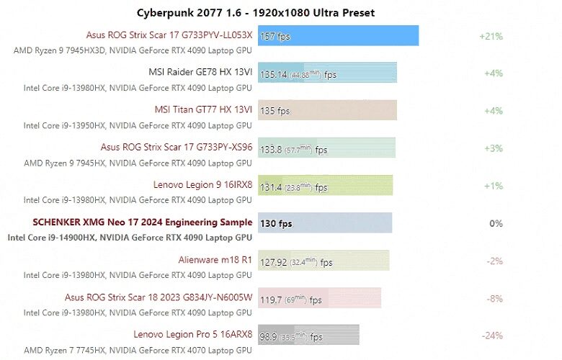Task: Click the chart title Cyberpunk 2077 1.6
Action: click(x=256, y=12)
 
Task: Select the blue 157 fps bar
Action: click(x=338, y=36)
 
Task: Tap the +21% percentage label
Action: click(x=491, y=36)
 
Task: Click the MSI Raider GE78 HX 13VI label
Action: click(x=200, y=73)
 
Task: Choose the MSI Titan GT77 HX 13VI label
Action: click(x=203, y=110)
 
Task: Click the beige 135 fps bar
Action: click(x=327, y=111)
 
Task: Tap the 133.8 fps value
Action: click(x=293, y=150)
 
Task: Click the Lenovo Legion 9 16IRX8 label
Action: click(x=202, y=185)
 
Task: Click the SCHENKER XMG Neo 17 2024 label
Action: click(x=143, y=222)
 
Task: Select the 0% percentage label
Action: click(x=496, y=224)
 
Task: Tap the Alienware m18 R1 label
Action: click(x=215, y=260)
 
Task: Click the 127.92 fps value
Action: click(x=293, y=262)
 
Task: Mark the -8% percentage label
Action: click(x=495, y=299)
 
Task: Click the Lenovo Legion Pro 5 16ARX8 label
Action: click(x=192, y=335)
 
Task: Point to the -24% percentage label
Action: click(x=493, y=336)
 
